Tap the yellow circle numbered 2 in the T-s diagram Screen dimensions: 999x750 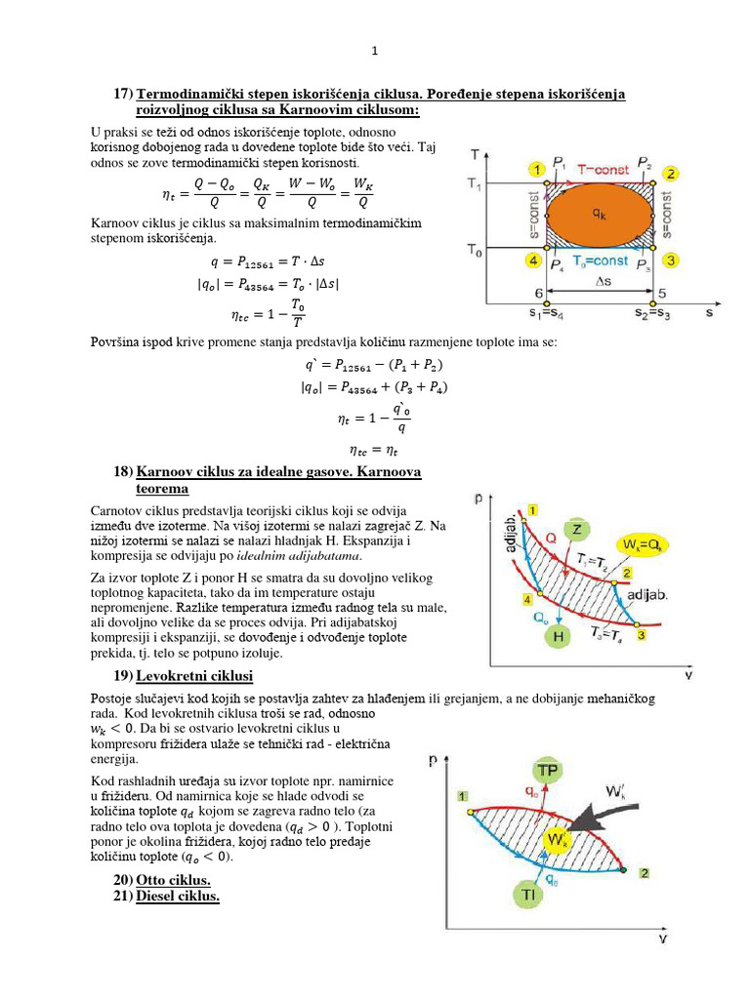(x=670, y=173)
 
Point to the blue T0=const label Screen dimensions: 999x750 (x=599, y=260)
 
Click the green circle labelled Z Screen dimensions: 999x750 (x=577, y=529)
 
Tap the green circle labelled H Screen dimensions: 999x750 (x=559, y=636)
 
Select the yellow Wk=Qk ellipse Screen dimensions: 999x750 (x=642, y=543)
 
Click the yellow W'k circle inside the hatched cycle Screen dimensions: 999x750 (x=558, y=840)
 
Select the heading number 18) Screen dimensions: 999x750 (x=123, y=471)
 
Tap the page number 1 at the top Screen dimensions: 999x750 (x=374, y=51)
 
